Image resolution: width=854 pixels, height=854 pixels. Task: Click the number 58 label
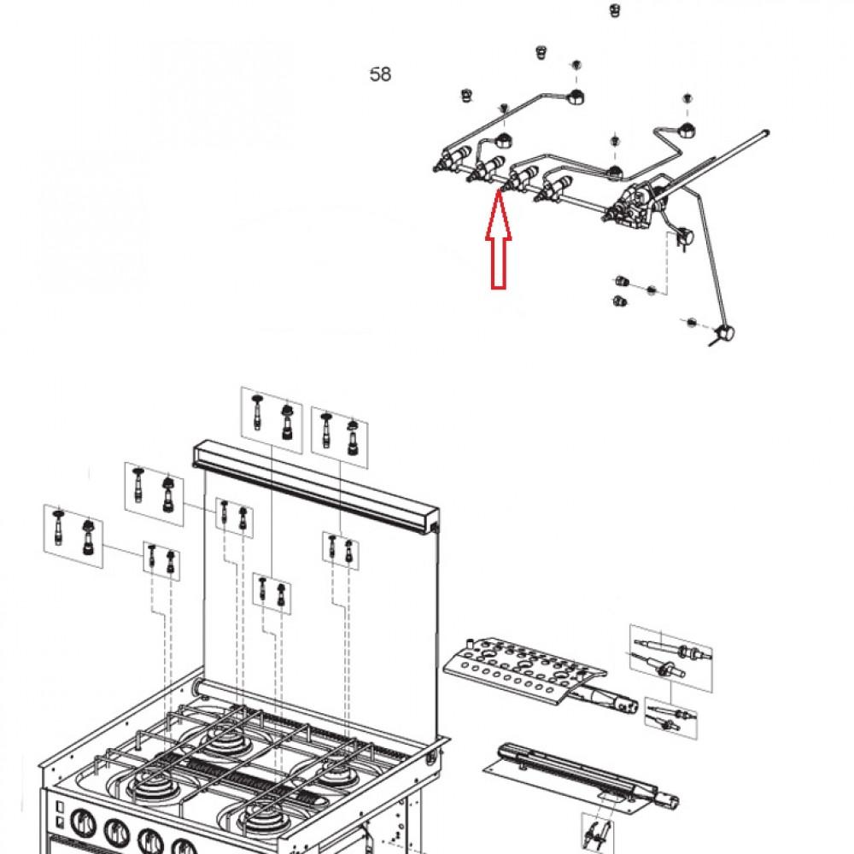[380, 75]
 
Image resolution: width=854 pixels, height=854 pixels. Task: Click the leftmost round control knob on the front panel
[83, 827]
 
